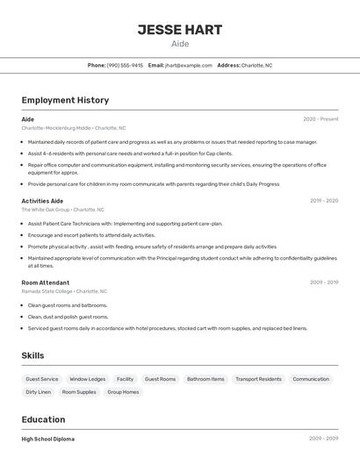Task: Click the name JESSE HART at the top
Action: [179, 30]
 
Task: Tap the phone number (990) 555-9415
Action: [125, 65]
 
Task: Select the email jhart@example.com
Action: [189, 65]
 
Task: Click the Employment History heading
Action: [65, 100]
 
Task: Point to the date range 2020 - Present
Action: [320, 119]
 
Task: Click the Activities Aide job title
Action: [42, 201]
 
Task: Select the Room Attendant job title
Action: [46, 283]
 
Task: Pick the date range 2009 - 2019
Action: [323, 283]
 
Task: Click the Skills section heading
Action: [32, 355]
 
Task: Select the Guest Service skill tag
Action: [42, 379]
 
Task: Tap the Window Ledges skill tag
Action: [88, 379]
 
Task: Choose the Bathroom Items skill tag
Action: [205, 379]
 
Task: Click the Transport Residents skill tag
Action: [258, 379]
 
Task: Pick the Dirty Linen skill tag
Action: [39, 392]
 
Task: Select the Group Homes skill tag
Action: [123, 392]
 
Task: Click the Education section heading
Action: [43, 419]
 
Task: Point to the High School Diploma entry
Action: [47, 439]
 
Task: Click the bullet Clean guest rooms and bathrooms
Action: [68, 305]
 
